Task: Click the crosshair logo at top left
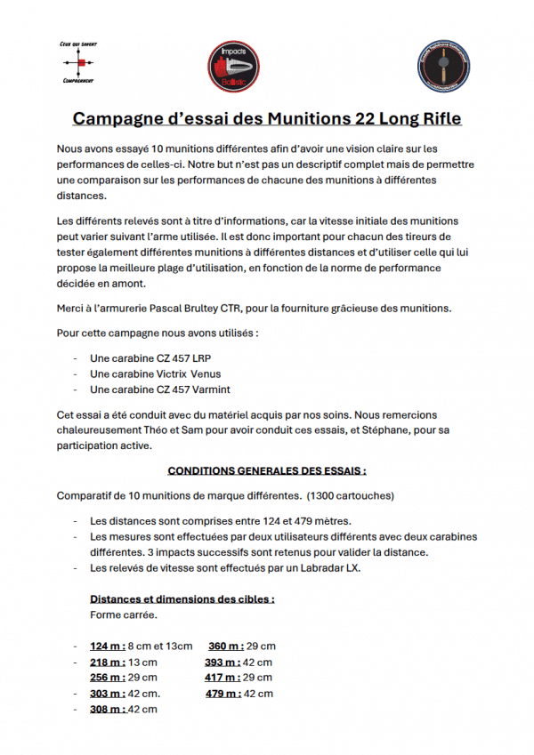(77, 63)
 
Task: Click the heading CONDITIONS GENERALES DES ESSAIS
(267, 470)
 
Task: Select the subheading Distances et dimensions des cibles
(182, 598)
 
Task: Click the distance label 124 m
(107, 647)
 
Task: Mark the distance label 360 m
(225, 647)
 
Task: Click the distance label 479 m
(222, 694)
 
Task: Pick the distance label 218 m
(107, 662)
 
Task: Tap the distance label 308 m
(107, 710)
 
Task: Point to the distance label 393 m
(222, 662)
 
